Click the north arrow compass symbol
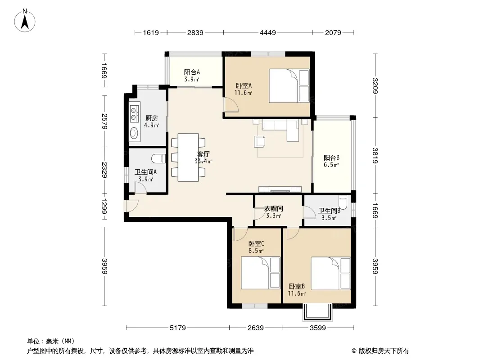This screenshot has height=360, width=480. [x=25, y=21]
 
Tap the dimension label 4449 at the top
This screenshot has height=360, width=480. [x=268, y=32]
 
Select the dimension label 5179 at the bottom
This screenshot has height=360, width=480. [x=178, y=328]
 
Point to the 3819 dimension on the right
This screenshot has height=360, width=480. [x=376, y=155]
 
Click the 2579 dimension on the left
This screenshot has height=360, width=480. [x=104, y=121]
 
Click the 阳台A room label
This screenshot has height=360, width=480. [x=192, y=72]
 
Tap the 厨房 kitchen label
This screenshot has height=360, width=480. [x=152, y=118]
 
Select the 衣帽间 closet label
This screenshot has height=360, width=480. [x=274, y=209]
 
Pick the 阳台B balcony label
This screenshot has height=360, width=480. [x=331, y=158]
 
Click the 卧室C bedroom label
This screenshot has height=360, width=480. [x=256, y=244]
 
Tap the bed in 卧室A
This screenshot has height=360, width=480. [x=289, y=85]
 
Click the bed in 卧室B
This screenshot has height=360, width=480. [x=331, y=274]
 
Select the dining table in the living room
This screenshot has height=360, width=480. [x=188, y=157]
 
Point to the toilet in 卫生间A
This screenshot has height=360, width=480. [x=158, y=158]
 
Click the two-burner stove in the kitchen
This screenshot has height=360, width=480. [x=134, y=113]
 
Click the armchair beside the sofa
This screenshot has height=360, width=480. [x=260, y=141]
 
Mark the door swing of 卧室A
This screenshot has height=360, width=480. [x=231, y=104]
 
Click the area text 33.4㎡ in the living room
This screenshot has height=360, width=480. [x=204, y=161]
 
